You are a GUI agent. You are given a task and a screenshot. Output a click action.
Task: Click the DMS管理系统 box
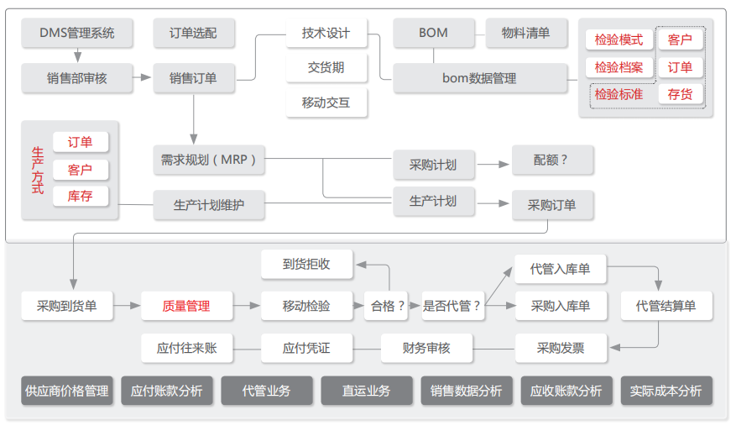point(77,34)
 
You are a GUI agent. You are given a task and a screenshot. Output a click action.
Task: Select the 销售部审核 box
point(77,78)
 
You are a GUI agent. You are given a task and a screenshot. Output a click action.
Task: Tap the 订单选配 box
point(193,34)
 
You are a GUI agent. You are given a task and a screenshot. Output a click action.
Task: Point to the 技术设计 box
point(326,34)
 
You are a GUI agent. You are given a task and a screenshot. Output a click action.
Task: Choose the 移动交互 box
point(326,103)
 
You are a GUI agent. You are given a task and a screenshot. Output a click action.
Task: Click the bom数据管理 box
point(479,78)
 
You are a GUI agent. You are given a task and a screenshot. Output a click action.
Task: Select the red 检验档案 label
point(619,67)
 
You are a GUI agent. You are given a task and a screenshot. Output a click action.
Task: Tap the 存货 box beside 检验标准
point(680,94)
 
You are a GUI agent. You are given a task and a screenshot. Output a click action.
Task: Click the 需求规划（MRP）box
point(209,159)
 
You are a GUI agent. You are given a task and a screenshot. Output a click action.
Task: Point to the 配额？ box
point(551,160)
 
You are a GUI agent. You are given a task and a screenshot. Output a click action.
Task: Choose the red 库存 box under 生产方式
point(80,197)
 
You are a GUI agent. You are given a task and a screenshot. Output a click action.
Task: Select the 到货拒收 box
point(307,264)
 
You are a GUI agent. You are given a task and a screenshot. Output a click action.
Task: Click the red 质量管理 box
point(186,306)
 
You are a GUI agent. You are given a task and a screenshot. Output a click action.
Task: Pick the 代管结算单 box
point(666,306)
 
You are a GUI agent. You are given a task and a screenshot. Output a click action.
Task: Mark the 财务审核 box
point(426,347)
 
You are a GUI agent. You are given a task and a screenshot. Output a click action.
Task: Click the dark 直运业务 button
point(367,391)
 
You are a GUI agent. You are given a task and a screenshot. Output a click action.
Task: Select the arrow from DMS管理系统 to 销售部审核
point(77,55)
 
